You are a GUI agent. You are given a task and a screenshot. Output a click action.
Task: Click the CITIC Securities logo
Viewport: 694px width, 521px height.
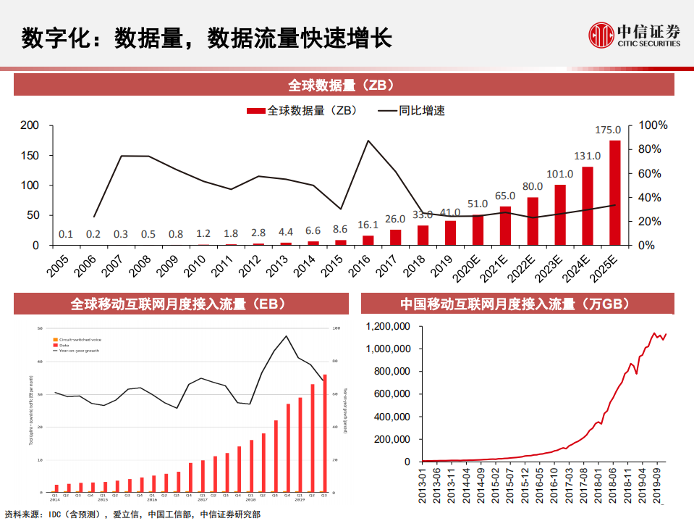634,36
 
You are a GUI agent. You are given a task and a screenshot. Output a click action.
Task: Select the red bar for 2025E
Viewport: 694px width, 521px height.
614,193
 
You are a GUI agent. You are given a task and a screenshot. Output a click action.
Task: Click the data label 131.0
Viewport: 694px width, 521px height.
587,156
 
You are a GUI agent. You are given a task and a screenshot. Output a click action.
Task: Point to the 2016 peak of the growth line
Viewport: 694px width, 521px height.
368,141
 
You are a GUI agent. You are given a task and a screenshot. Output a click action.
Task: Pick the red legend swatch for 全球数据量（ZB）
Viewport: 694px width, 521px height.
255,111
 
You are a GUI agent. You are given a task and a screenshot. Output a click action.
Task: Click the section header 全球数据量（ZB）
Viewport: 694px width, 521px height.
344,85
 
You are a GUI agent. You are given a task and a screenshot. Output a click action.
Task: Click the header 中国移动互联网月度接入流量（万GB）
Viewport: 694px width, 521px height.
517,303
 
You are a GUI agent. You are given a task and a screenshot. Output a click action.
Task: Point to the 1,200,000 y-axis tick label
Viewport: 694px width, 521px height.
389,327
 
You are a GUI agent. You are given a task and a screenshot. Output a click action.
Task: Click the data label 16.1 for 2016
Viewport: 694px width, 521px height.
368,225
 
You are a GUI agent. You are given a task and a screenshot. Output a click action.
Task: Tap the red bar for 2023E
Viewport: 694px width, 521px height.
560,215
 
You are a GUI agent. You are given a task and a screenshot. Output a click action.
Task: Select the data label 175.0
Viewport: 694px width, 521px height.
608,130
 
